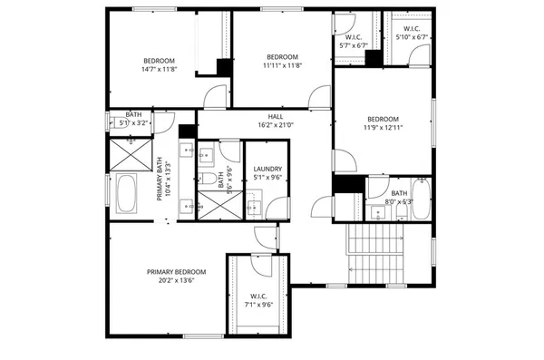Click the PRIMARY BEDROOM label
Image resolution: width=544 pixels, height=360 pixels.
click(x=177, y=272)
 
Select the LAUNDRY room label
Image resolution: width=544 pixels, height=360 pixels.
click(x=267, y=169)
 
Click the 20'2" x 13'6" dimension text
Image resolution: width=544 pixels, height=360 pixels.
click(x=177, y=281)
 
